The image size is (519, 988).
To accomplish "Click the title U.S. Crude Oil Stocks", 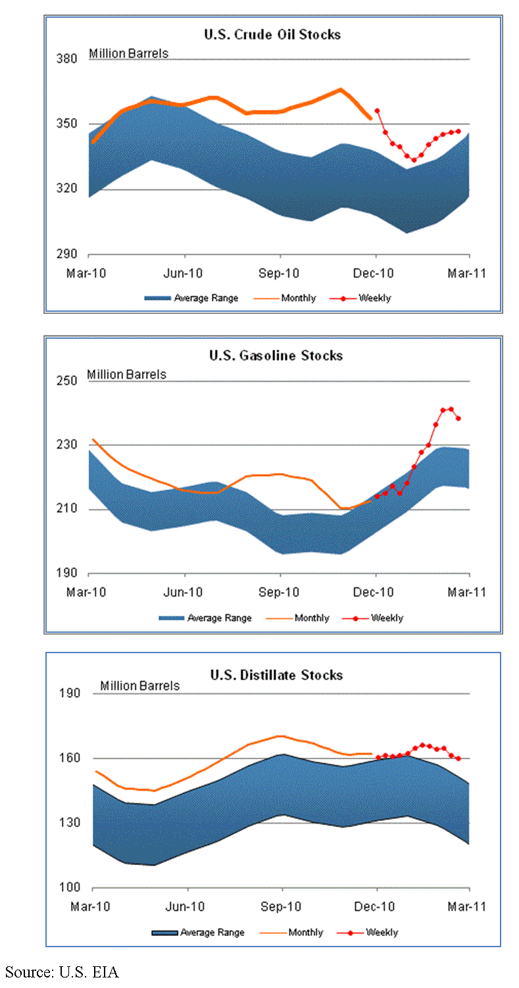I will click(274, 34).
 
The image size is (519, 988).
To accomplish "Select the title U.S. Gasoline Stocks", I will click(276, 356).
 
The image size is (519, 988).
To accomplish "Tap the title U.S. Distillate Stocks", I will click(276, 676).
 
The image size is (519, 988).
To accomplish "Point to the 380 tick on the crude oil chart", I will click(69, 59).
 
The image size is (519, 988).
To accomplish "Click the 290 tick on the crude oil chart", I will click(69, 255).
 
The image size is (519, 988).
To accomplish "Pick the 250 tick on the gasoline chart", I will click(69, 382).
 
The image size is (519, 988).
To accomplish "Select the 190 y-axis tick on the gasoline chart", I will click(69, 574).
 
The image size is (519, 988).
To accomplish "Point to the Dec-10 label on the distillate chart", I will click(375, 906).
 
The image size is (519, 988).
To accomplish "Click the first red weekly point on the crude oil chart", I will click(377, 111).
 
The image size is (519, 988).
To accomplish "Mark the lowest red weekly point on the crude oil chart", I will click(414, 160).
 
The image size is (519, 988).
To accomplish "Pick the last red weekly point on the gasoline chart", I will click(458, 418).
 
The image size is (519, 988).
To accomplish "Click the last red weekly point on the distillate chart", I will click(458, 758).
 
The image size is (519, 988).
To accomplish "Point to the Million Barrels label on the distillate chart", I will click(139, 686).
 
